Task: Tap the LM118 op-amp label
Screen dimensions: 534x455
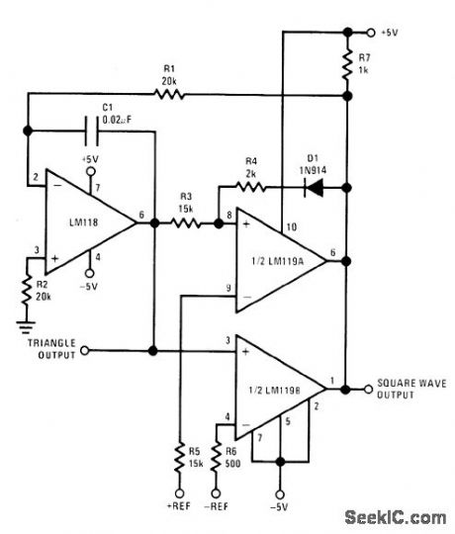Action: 85,223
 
